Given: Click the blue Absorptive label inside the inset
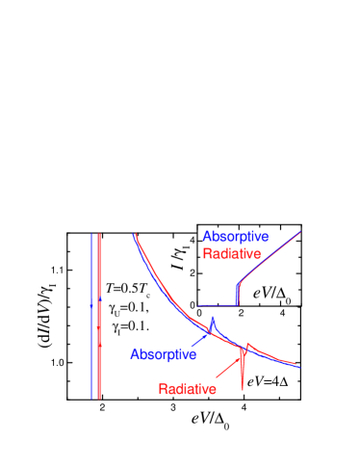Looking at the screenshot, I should point(236,237).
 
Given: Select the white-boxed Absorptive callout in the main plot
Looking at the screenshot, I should point(164,354).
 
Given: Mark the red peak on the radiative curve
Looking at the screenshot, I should point(247,344).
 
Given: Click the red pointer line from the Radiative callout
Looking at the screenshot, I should point(227,367).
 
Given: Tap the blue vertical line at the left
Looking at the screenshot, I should point(91,318).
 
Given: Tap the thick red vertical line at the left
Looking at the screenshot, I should point(99,318).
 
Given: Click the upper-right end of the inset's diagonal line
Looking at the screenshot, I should point(300,230).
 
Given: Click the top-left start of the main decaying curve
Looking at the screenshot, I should point(134,235).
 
